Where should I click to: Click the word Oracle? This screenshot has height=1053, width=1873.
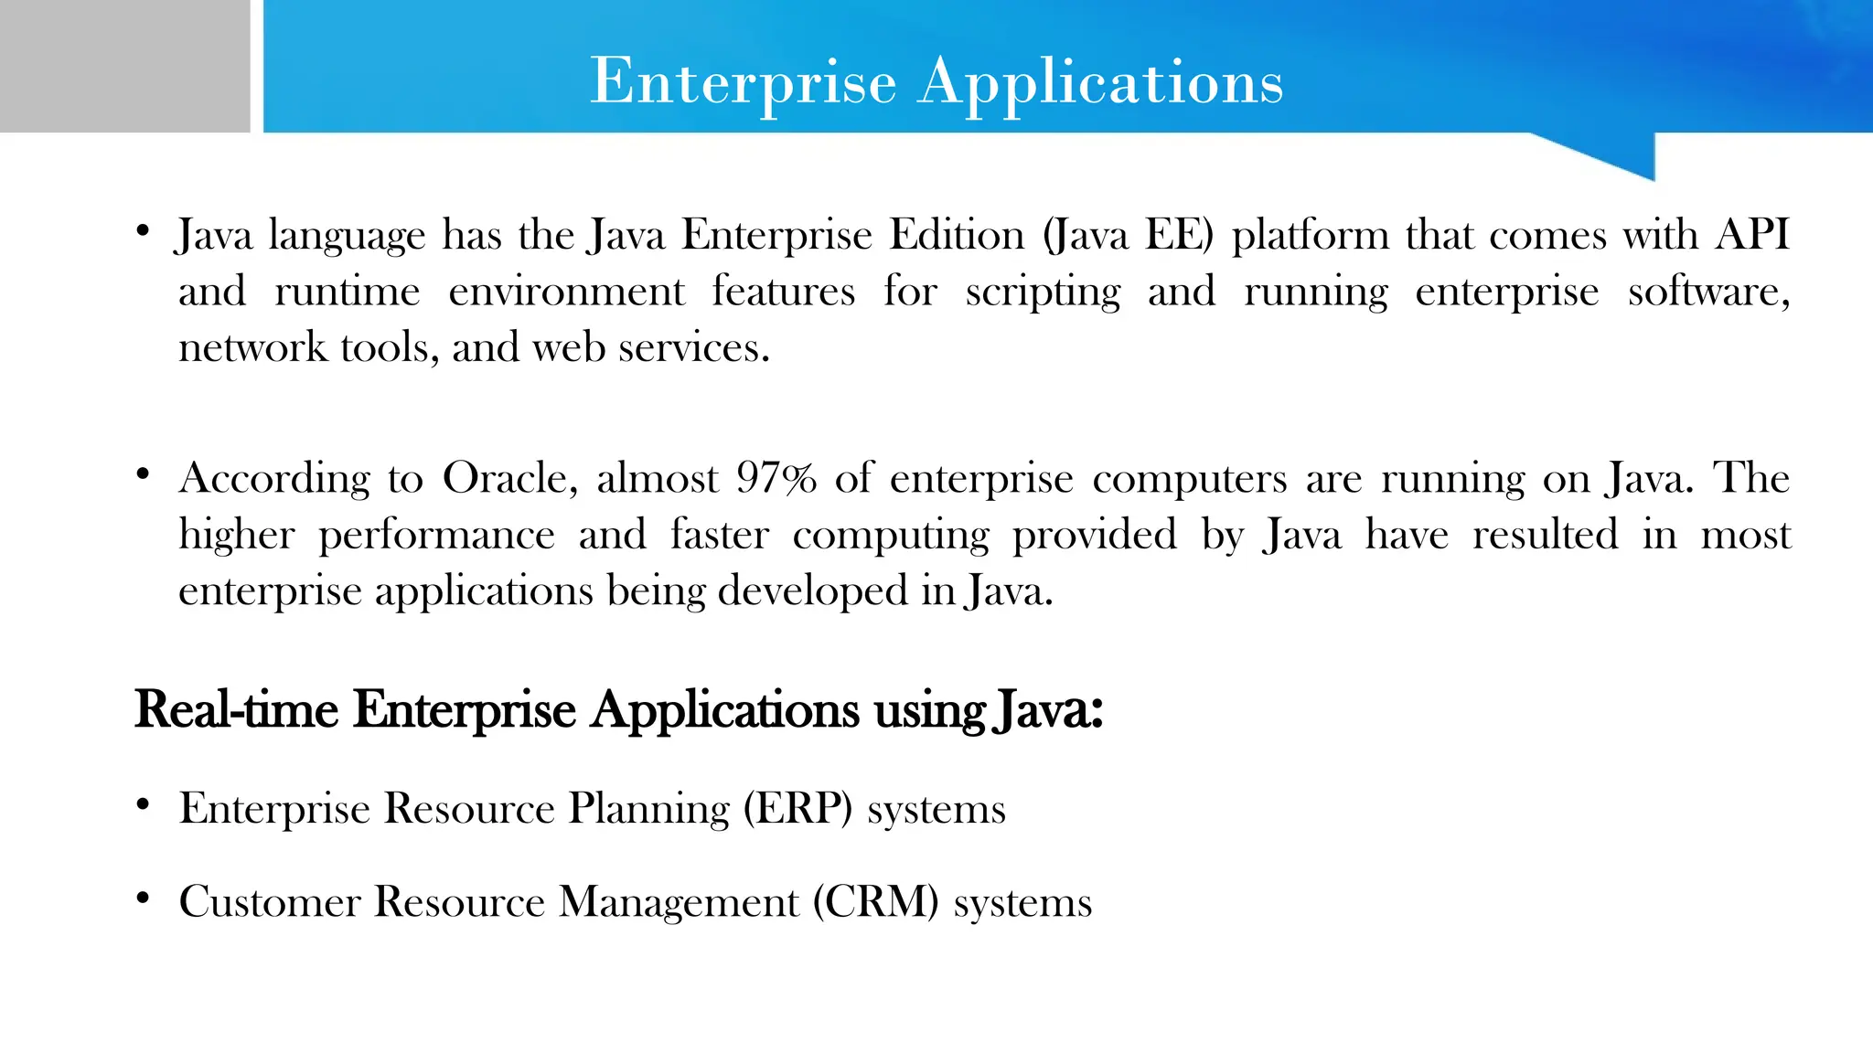click(509, 479)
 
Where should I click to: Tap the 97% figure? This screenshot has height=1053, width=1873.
click(776, 479)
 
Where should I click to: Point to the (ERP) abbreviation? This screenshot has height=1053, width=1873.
click(797, 809)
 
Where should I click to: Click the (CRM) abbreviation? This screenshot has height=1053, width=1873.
click(875, 902)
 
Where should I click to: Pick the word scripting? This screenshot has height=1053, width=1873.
click(1043, 292)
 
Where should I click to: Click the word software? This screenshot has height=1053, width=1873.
click(1707, 292)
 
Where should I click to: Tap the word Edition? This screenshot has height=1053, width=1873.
click(957, 236)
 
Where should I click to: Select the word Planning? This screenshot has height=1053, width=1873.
click(648, 809)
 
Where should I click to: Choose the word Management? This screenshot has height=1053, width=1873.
click(679, 902)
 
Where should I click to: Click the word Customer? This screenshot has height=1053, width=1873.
click(270, 902)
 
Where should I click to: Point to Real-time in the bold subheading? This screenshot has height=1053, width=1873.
click(236, 709)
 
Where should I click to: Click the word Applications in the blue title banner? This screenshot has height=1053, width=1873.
click(1101, 82)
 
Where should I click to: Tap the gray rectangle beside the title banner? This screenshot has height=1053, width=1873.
click(124, 66)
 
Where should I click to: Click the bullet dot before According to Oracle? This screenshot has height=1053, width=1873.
click(143, 475)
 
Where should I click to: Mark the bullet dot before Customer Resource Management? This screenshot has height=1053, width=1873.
click(143, 899)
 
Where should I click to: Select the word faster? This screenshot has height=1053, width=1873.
click(719, 535)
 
